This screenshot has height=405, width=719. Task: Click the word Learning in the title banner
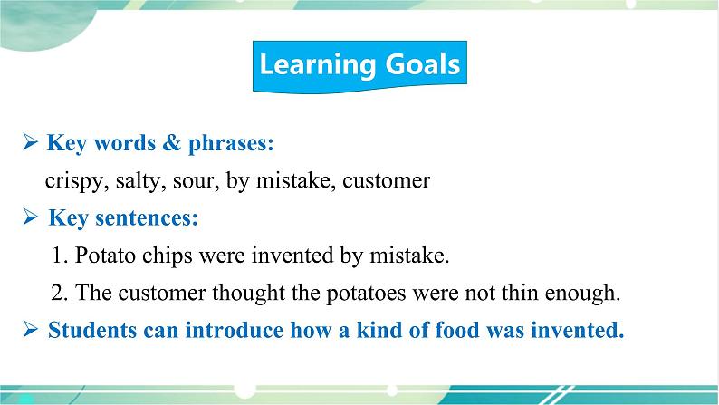(x=318, y=64)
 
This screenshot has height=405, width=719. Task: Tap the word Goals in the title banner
(x=423, y=63)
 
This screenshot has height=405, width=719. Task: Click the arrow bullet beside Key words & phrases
(x=30, y=141)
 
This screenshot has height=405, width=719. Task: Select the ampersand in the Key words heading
(x=171, y=142)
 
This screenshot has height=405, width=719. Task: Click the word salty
(x=140, y=181)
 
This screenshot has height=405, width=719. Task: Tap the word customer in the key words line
(x=386, y=180)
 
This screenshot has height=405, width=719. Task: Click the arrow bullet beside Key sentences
(x=30, y=217)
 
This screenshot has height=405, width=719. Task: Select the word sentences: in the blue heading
(x=147, y=217)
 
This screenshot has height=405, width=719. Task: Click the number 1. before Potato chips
(x=60, y=255)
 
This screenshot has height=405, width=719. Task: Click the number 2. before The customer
(x=60, y=293)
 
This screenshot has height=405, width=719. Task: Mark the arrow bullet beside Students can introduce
(x=30, y=329)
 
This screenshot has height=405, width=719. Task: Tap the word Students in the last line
(x=92, y=330)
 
